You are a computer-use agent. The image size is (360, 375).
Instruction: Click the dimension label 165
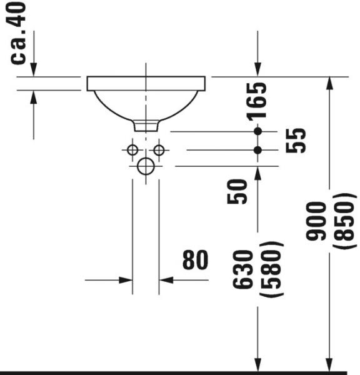click(257, 101)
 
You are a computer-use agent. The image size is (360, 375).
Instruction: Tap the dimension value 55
click(296, 141)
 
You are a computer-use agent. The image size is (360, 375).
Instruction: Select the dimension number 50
click(237, 192)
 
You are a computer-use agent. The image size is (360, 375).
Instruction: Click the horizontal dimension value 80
click(195, 260)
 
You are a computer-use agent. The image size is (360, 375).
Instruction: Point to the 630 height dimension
click(242, 269)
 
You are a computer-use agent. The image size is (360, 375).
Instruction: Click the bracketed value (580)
click(271, 269)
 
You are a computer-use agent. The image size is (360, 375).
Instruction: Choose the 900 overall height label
click(316, 221)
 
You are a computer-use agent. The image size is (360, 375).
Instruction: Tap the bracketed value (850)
click(344, 221)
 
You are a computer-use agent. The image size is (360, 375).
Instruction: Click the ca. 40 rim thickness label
click(17, 34)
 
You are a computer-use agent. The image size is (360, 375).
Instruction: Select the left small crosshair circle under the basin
click(132, 150)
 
